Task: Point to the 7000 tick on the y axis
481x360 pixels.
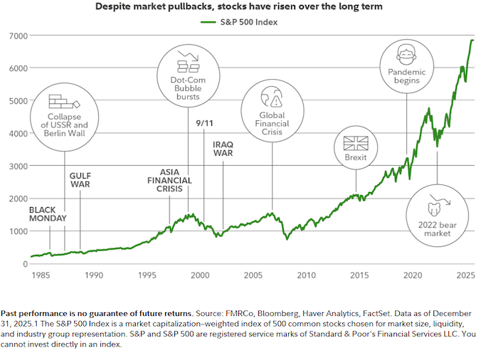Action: pyautogui.click(x=18, y=36)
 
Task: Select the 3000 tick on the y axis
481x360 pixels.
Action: pyautogui.click(x=18, y=166)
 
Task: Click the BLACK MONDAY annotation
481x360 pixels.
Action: pyautogui.click(x=48, y=214)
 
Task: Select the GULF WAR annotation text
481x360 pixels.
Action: pyautogui.click(x=80, y=180)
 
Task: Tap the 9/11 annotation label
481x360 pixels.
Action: pyautogui.click(x=204, y=123)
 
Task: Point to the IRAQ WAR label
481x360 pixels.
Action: pyautogui.click(x=223, y=148)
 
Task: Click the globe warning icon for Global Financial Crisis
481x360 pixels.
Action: pyautogui.click(x=273, y=96)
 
